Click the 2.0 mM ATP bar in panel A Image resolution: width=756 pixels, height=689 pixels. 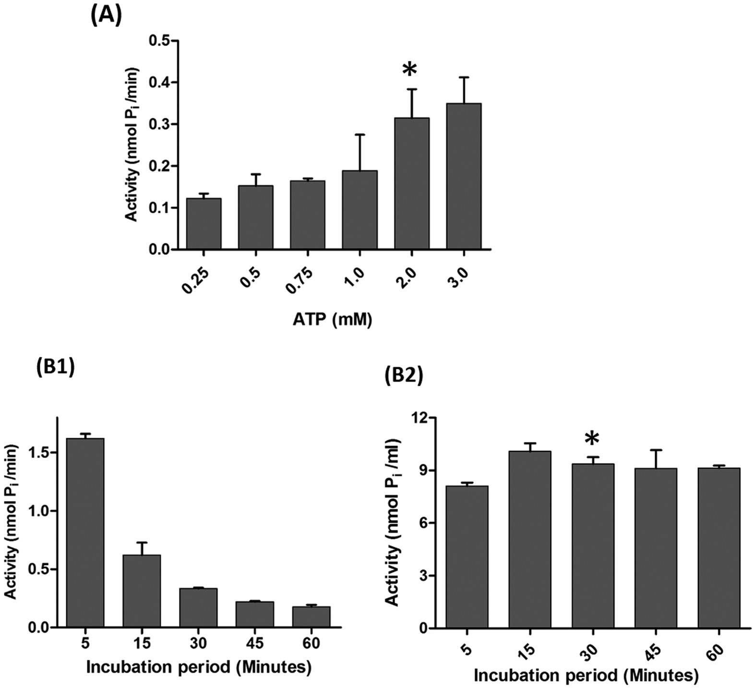[412, 183]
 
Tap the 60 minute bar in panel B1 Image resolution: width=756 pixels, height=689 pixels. [311, 616]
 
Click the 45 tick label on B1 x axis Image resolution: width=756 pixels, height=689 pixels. [254, 642]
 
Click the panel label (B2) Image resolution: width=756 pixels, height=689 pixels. [404, 377]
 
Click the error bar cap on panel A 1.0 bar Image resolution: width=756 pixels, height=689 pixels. [360, 134]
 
